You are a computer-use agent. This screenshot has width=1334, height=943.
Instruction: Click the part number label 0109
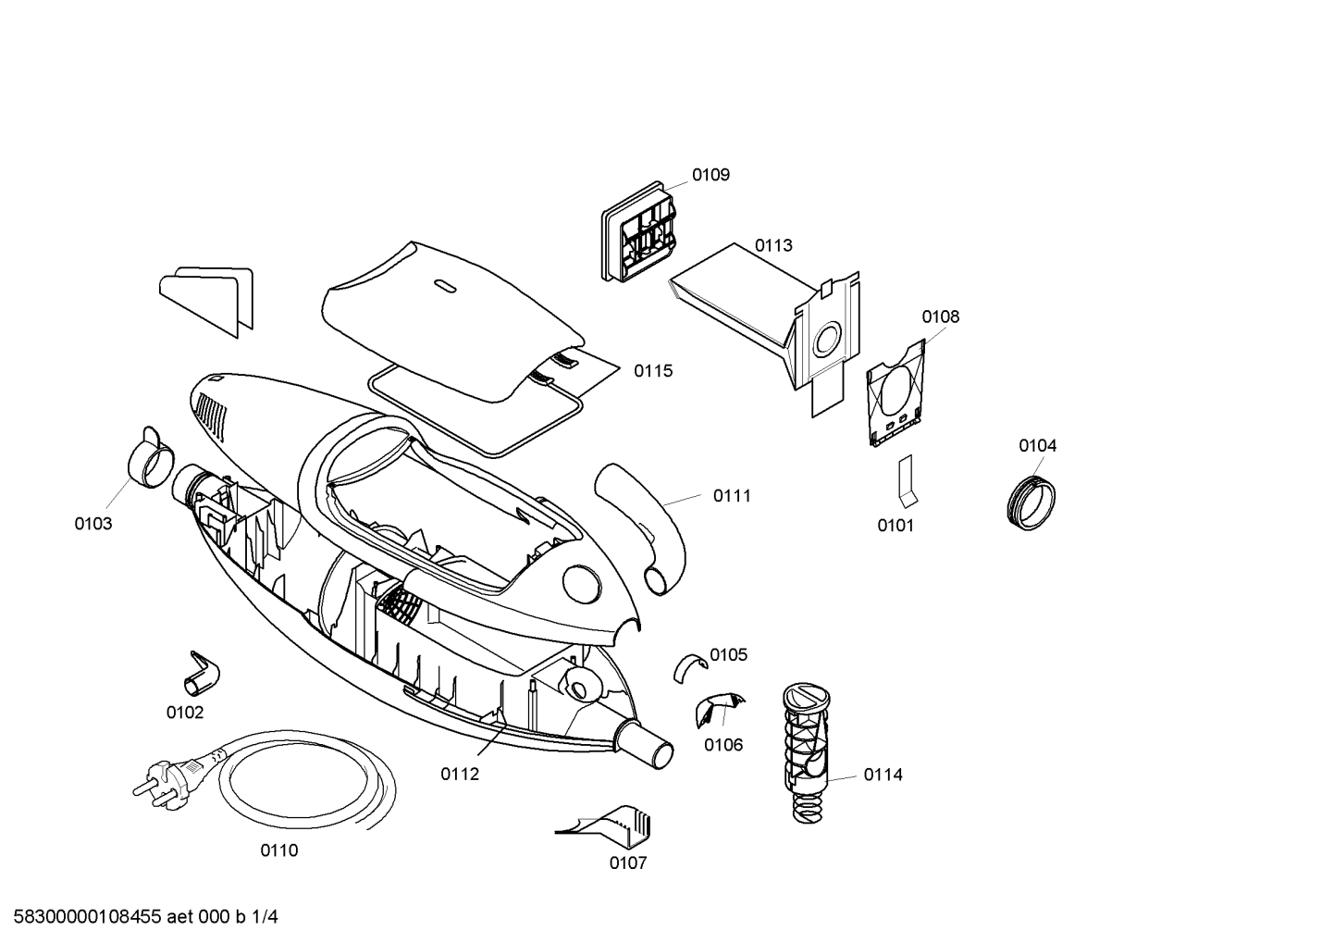[x=710, y=175]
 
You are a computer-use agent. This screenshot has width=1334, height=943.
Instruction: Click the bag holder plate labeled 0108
[x=896, y=393]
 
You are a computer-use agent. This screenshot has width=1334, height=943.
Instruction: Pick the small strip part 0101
[x=908, y=479]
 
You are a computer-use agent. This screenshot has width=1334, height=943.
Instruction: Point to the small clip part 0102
[x=202, y=675]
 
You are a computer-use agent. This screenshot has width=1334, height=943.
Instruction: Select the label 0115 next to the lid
[x=653, y=371]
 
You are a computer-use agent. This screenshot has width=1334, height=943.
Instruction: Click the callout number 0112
[x=460, y=774]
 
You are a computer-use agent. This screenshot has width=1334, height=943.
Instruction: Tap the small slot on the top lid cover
[x=444, y=285]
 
